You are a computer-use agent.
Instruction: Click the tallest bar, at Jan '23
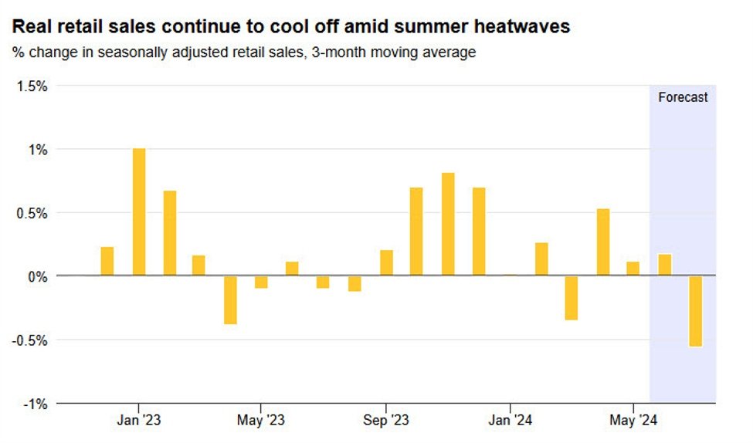coord(139,211)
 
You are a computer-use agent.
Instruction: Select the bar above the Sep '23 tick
coord(386,262)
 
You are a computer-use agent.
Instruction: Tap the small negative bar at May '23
coord(261,282)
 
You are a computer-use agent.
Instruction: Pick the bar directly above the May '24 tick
coord(633,269)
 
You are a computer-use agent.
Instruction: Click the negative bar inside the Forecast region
coord(696,311)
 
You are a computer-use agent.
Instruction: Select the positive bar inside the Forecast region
coord(664,265)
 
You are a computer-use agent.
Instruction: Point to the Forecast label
coord(683,98)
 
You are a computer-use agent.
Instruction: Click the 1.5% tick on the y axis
coord(32,86)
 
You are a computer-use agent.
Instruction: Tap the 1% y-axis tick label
coord(37,150)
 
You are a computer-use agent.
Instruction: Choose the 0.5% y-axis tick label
coord(32,213)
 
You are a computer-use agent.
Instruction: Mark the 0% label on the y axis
coord(37,276)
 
